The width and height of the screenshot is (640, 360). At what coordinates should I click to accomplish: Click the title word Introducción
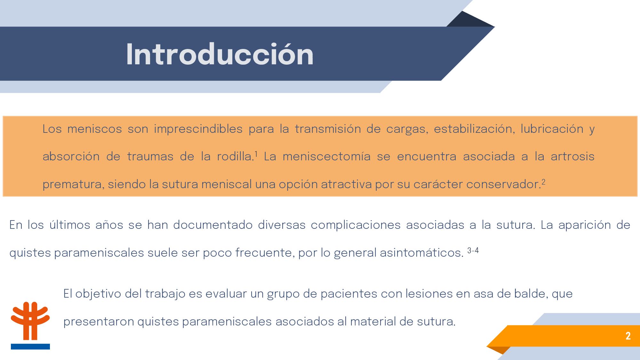pos(220,54)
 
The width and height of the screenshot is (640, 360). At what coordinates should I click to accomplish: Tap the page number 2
pos(628,336)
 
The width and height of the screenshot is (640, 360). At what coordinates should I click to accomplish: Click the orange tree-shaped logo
pos(30,321)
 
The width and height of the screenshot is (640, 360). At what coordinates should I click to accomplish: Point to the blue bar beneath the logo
pos(30,347)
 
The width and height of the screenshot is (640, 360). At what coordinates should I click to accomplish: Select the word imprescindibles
pos(198,129)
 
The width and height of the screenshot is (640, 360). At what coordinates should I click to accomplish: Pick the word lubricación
pos(552,129)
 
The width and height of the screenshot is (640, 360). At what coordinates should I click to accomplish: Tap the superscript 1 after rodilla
pos(256,154)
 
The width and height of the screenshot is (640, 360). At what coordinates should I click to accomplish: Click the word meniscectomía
pos(327,156)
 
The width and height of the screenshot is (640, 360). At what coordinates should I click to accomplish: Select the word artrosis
pos(572,156)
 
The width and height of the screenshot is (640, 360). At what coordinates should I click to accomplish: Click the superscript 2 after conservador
pos(543,182)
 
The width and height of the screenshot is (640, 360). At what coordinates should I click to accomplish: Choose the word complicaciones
pos(356,225)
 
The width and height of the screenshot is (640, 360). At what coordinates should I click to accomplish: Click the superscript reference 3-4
pos(473,250)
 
